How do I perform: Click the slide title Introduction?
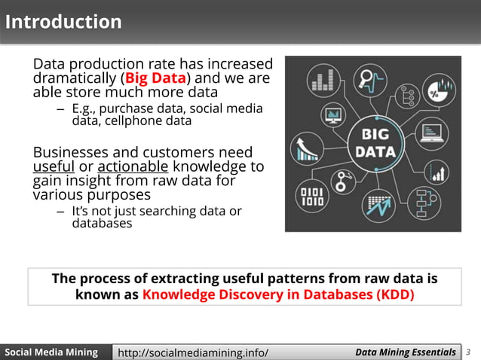[63, 22]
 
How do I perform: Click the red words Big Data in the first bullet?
[156, 78]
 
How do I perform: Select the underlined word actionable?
[133, 166]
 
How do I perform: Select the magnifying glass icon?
[371, 80]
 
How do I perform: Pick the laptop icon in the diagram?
[432, 134]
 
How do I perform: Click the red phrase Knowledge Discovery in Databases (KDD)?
[278, 294]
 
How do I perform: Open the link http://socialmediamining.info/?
[194, 352]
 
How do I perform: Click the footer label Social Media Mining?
[52, 352]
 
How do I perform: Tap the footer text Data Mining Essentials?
[406, 352]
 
